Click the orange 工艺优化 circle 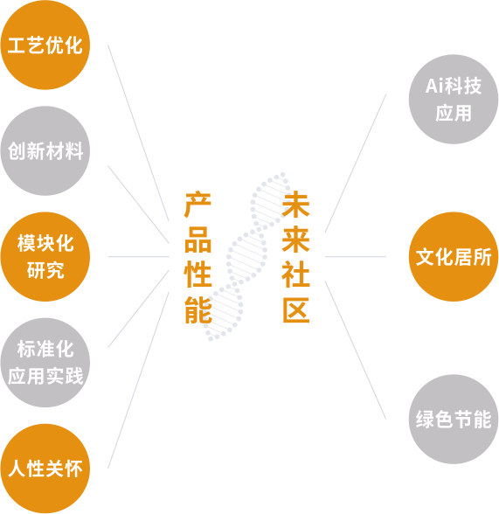[x=45, y=45]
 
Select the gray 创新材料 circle [x=45, y=150]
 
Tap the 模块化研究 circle [x=45, y=257]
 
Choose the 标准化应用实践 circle [x=45, y=363]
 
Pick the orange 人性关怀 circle [x=45, y=469]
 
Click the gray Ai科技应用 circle [x=454, y=100]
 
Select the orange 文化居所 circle [x=454, y=257]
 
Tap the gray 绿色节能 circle [x=454, y=420]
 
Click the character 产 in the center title [x=198, y=205]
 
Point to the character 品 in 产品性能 [x=198, y=240]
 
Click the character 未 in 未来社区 [x=295, y=205]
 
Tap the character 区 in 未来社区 [x=295, y=309]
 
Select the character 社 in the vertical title [x=295, y=274]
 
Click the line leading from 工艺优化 [x=138, y=133]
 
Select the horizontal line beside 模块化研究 [x=138, y=257]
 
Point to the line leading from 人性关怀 [x=138, y=380]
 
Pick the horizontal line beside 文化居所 [x=356, y=257]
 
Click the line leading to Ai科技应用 [x=356, y=163]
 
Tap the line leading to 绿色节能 [x=356, y=350]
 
